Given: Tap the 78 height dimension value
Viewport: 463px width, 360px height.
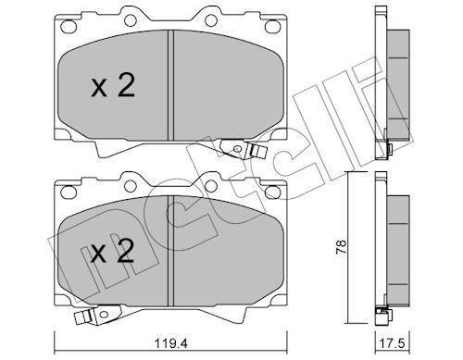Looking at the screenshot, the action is (x=341, y=247).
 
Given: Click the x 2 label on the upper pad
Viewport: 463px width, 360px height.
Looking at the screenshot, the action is (x=113, y=87).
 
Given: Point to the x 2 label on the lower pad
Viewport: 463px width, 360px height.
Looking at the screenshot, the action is (x=112, y=252).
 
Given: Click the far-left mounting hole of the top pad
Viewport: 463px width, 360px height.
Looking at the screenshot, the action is (x=69, y=27).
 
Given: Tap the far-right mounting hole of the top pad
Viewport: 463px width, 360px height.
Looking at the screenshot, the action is (x=271, y=27).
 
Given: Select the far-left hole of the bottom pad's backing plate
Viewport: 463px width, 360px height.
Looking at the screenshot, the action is (x=69, y=192).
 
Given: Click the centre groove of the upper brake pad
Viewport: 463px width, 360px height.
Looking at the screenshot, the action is (x=170, y=85).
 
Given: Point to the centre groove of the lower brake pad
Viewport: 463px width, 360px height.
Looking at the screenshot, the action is (x=170, y=251).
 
